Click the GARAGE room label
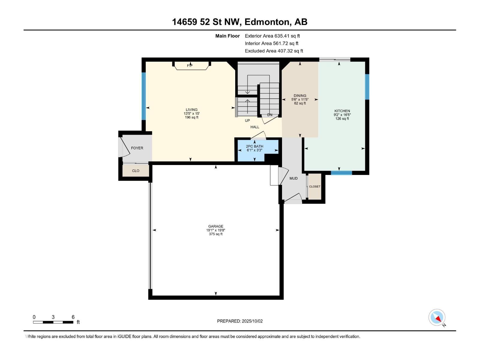[216, 226]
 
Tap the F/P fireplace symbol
[191, 66]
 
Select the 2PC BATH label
[254, 146]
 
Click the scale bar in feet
[53, 322]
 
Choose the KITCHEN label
[342, 111]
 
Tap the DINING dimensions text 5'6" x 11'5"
[300, 100]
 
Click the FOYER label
[137, 148]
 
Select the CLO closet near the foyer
[136, 171]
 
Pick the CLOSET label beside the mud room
[315, 186]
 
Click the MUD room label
[293, 178]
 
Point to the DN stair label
[270, 115]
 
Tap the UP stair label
[247, 120]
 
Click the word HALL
[255, 127]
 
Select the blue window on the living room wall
[144, 96]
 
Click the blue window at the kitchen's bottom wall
[341, 173]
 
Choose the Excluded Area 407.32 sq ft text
[274, 51]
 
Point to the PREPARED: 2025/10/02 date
[240, 321]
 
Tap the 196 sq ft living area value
[192, 117]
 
